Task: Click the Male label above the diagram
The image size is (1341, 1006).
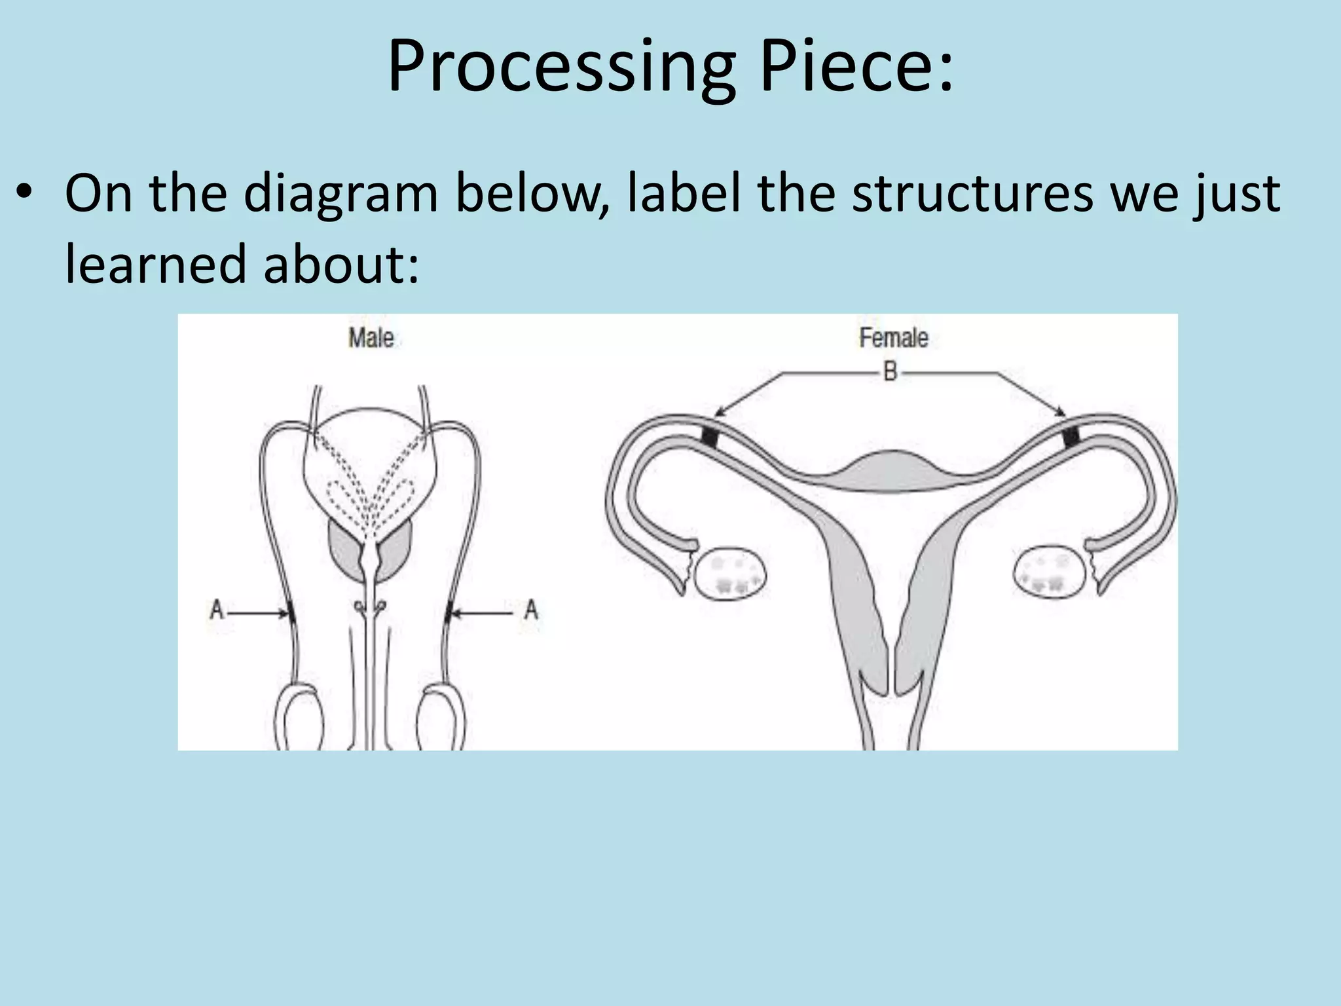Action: pyautogui.click(x=371, y=338)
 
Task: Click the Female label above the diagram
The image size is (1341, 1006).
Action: pyautogui.click(x=893, y=338)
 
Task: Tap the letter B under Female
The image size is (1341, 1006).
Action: pyautogui.click(x=890, y=373)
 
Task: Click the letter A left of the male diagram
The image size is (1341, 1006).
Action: pyautogui.click(x=217, y=610)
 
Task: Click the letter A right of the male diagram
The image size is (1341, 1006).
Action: pyautogui.click(x=531, y=610)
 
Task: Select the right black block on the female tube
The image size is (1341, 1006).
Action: pyautogui.click(x=1071, y=436)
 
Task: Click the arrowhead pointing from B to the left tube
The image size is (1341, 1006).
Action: pyautogui.click(x=718, y=412)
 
